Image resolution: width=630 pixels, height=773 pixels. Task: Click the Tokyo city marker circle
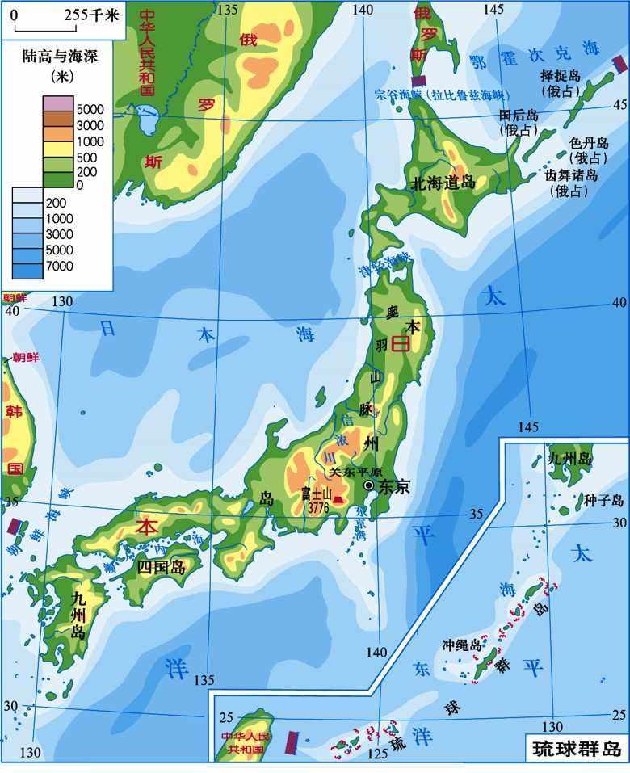369,485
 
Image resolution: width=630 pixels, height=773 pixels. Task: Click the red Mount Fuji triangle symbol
338,501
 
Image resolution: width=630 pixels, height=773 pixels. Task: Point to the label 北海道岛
443,183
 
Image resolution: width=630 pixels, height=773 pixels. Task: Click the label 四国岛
161,567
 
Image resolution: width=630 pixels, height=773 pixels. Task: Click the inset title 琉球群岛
577,748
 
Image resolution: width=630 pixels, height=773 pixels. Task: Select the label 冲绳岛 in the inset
461,645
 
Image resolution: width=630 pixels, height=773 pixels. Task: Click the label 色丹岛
587,142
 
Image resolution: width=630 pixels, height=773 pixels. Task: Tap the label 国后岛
519,115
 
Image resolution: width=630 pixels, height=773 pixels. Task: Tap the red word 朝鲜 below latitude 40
25,357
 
